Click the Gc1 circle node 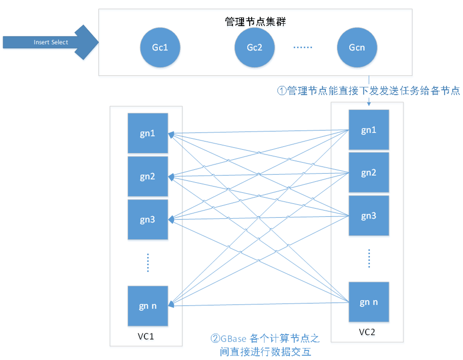tap(160, 47)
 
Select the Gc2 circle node tap(254, 47)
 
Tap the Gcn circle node tap(357, 47)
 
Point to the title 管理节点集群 tap(256, 21)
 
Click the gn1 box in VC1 tap(148, 133)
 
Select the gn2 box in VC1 tap(148, 177)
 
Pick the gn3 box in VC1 tap(148, 219)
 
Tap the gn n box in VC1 tap(148, 306)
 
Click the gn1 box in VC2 tap(369, 130)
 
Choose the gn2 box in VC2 tap(369, 172)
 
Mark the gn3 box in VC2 tap(369, 216)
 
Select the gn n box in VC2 tap(369, 302)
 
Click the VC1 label tap(146, 336)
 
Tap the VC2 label tap(367, 332)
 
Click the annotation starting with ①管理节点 tap(369, 91)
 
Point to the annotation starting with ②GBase tap(265, 345)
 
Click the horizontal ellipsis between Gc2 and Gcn tap(303, 47)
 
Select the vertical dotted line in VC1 tap(148, 262)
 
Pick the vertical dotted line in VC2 tap(369, 258)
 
